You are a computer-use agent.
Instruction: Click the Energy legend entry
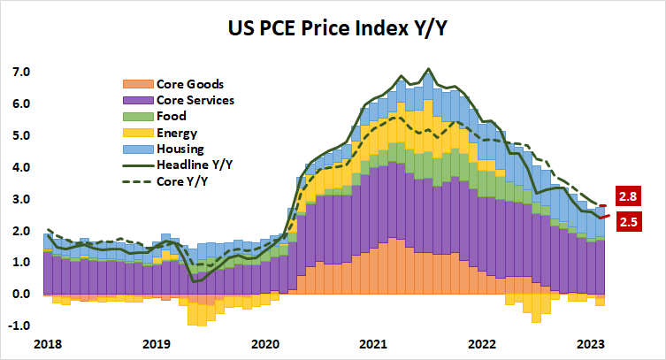[176, 133]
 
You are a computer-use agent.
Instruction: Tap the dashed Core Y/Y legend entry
[184, 180]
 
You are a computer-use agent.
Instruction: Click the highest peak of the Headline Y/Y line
[429, 68]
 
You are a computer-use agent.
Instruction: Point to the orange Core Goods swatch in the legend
[132, 85]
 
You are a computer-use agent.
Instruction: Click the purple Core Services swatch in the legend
[132, 101]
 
